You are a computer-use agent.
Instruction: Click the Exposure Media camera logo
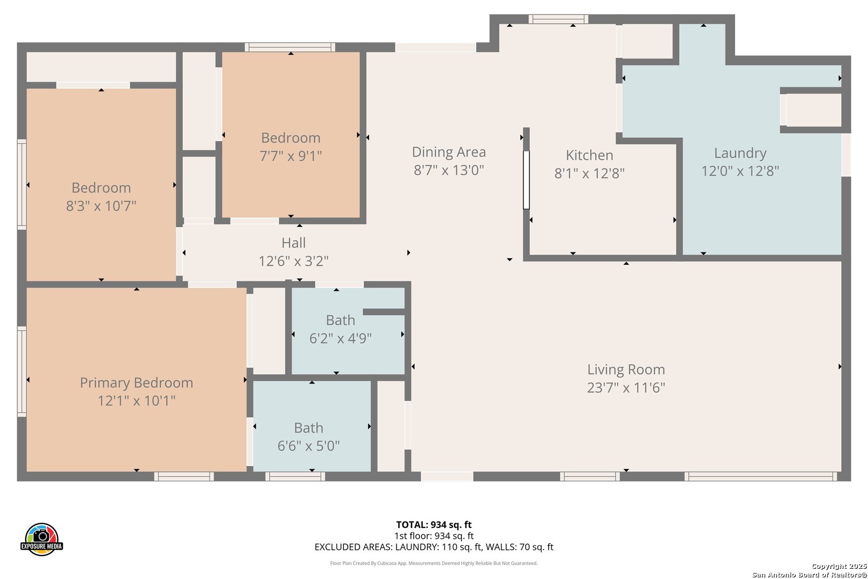point(41,539)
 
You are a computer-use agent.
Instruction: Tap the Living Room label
point(626,369)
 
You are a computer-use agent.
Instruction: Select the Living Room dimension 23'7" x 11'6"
point(626,388)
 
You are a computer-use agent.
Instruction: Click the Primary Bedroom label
point(137,383)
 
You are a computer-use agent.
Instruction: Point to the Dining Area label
point(448,152)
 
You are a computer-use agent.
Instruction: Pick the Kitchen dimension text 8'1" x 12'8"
point(589,173)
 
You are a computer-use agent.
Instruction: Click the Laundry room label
point(740,153)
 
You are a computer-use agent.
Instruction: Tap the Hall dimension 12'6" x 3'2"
point(293,261)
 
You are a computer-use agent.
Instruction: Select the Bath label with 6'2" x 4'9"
point(340,321)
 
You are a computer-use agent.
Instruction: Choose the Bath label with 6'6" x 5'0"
point(309,428)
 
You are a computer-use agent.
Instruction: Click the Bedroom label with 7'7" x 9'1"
point(290,138)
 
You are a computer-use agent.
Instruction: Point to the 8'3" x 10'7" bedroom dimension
point(101,205)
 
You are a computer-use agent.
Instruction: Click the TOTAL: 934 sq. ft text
point(433,525)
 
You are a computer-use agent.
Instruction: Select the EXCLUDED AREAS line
point(433,547)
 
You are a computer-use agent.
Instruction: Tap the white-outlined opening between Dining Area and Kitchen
point(526,180)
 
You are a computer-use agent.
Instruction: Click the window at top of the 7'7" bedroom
point(290,47)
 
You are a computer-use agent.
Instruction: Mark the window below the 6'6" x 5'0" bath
point(295,477)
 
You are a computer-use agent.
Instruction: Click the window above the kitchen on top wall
point(558,19)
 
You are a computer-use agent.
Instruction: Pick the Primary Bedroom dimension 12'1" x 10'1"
point(137,400)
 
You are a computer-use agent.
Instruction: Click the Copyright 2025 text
point(839,566)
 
